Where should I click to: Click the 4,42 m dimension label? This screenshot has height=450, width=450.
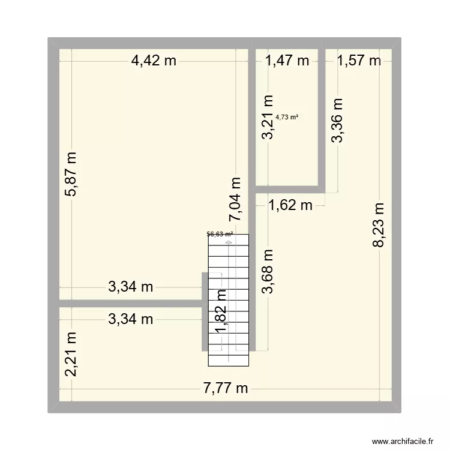click(x=154, y=60)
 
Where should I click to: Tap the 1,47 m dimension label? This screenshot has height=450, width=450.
click(x=287, y=60)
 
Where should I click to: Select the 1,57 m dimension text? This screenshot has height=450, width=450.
click(x=359, y=60)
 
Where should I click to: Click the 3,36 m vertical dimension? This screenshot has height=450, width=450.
click(x=338, y=121)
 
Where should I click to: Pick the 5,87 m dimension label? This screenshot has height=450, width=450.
click(x=72, y=175)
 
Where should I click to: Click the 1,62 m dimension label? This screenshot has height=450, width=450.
click(x=290, y=206)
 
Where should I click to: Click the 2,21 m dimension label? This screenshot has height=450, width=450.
click(x=72, y=355)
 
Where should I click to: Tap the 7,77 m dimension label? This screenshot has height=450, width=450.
click(x=226, y=388)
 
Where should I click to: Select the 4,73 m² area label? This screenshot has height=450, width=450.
click(x=287, y=118)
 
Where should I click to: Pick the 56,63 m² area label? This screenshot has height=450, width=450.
click(x=220, y=235)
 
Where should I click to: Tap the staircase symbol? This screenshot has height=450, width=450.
click(x=228, y=300)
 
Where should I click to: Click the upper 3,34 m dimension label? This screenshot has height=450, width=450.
click(x=131, y=287)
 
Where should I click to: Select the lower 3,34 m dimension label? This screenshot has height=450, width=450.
click(x=131, y=320)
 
